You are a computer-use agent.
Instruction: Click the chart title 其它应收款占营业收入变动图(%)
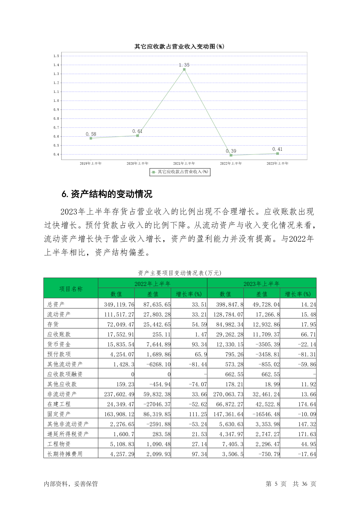[179, 47]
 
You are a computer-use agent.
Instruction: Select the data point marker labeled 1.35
[184, 70]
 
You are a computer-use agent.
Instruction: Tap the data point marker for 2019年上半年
[91, 138]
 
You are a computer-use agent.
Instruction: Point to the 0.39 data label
[231, 151]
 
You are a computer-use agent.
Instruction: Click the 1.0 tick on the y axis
[56, 101]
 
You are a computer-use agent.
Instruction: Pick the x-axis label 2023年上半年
[277, 164]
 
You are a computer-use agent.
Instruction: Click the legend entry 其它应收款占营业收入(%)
[180, 172]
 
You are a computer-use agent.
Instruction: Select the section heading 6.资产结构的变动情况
[107, 194]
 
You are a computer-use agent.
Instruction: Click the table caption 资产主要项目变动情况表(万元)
[180, 273]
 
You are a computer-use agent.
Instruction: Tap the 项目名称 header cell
[71, 289]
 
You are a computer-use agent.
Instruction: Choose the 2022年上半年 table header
[153, 284]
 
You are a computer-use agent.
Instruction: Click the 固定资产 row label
[59, 414]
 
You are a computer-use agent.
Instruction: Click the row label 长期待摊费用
[65, 454]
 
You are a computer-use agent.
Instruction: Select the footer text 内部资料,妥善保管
[71, 484]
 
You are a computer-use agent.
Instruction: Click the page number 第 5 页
[276, 484]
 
